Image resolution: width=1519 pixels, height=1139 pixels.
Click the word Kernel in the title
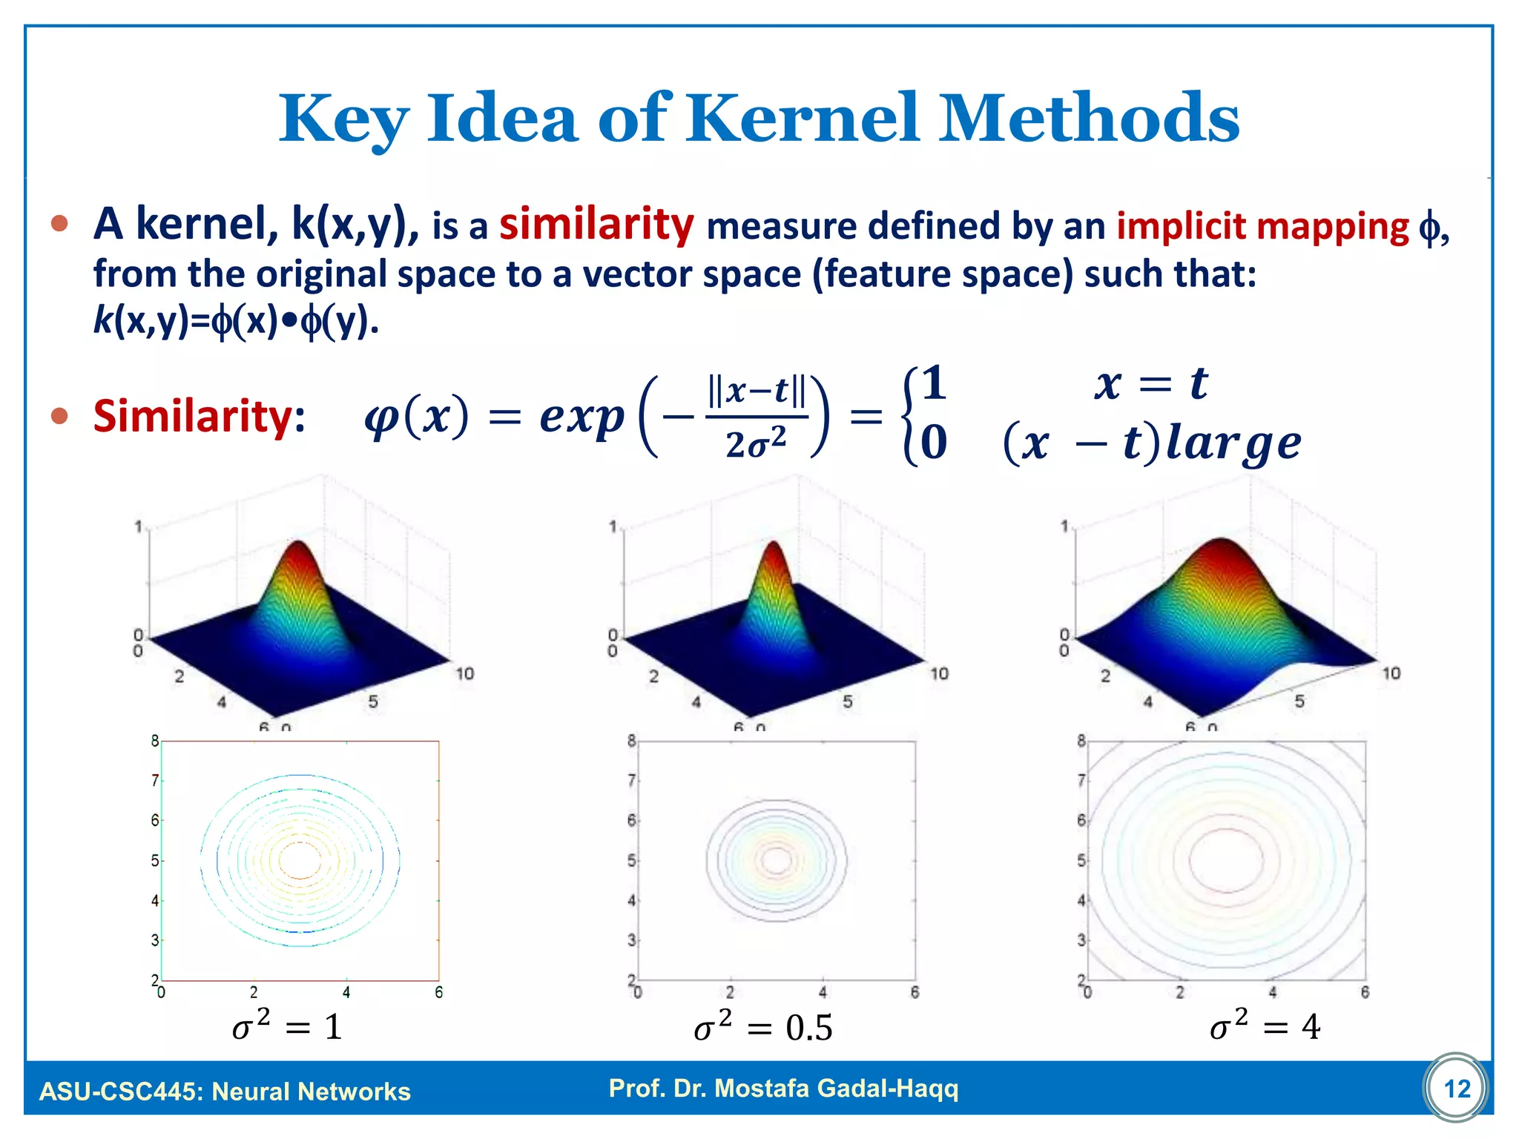tap(803, 119)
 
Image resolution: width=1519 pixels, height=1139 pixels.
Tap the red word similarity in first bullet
tap(596, 225)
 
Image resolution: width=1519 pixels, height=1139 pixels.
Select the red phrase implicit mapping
tap(1262, 226)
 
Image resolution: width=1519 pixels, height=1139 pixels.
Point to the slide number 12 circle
tap(1456, 1089)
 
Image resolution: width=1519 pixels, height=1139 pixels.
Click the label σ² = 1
tap(288, 1027)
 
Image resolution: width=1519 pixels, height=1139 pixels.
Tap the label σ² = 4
tap(1265, 1027)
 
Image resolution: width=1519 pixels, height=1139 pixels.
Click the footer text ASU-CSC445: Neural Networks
tap(225, 1092)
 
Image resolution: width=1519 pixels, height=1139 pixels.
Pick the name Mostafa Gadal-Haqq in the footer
tap(837, 1088)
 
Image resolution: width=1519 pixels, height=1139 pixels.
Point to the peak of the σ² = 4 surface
tap(1221, 546)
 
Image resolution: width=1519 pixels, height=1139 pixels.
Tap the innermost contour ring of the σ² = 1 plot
tap(300, 860)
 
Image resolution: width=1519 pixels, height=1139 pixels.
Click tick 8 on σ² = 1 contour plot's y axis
tap(154, 740)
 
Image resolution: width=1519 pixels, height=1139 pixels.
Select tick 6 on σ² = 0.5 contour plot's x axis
tap(915, 992)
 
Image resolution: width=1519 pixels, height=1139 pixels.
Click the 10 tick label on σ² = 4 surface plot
tap(1391, 673)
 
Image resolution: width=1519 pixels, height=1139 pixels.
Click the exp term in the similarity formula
tap(581, 417)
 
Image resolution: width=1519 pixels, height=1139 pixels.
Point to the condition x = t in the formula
tap(1150, 384)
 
